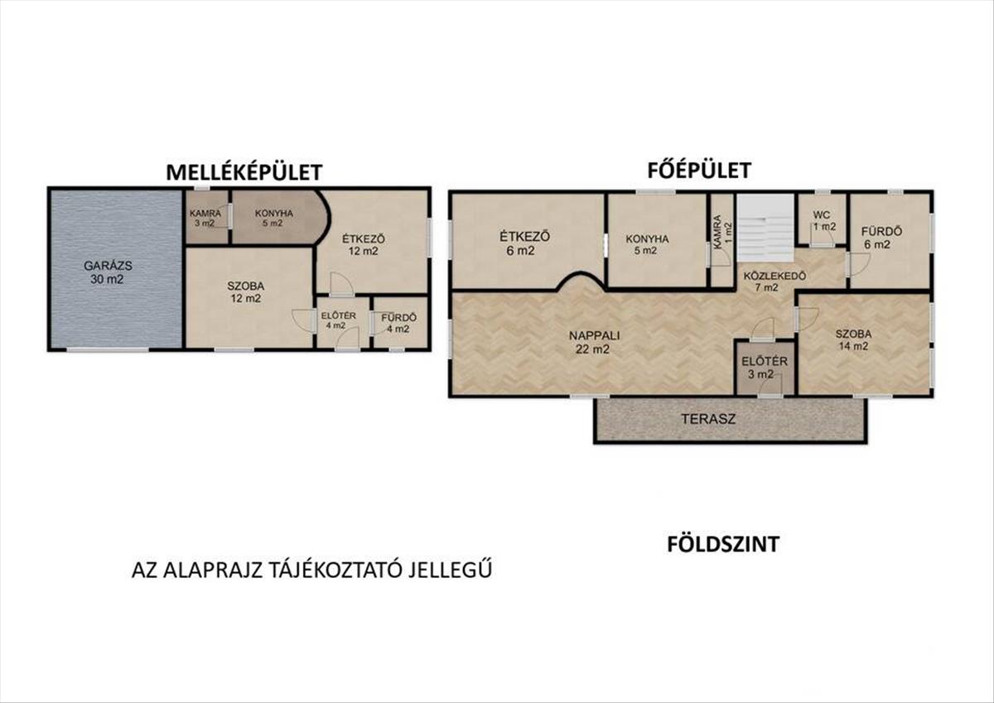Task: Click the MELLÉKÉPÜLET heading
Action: click(244, 172)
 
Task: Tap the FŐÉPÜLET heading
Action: click(699, 170)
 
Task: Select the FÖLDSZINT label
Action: click(723, 544)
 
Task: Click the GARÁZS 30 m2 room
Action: click(116, 269)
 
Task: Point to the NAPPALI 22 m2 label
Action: click(593, 342)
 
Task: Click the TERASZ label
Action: click(709, 419)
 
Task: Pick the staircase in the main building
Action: click(765, 227)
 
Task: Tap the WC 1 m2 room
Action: click(823, 219)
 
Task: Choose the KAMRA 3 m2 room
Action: click(206, 217)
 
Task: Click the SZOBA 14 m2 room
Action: click(863, 344)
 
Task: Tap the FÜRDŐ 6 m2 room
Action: click(890, 239)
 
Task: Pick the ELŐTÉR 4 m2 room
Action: click(341, 322)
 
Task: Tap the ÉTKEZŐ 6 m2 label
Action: click(525, 243)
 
